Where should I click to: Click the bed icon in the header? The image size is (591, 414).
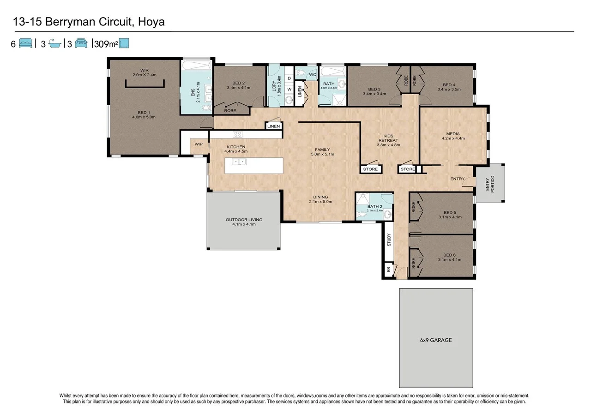click(25, 43)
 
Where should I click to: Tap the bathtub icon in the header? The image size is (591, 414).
click(55, 43)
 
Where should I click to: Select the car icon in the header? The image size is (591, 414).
click(81, 43)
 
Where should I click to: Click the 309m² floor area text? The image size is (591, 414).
click(106, 44)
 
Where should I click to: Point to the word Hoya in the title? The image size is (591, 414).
click(151, 22)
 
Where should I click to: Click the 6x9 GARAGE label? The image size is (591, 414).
click(436, 340)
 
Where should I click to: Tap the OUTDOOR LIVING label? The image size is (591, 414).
click(244, 220)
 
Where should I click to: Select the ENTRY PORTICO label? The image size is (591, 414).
click(490, 184)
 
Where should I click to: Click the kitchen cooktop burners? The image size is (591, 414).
click(237, 134)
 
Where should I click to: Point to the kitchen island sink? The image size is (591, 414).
click(239, 162)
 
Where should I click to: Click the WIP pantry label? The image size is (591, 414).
click(199, 144)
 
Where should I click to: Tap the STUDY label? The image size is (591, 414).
click(389, 240)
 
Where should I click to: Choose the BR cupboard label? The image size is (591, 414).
click(388, 270)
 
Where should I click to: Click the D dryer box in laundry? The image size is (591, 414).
click(289, 78)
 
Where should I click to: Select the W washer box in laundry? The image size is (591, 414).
click(289, 89)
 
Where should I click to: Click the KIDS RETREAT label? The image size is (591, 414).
click(388, 138)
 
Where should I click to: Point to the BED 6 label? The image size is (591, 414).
click(449, 255)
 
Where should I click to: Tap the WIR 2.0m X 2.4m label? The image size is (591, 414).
click(145, 72)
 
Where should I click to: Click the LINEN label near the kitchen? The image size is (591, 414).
click(273, 126)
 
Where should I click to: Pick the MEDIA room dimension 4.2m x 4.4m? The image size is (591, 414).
click(453, 138)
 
